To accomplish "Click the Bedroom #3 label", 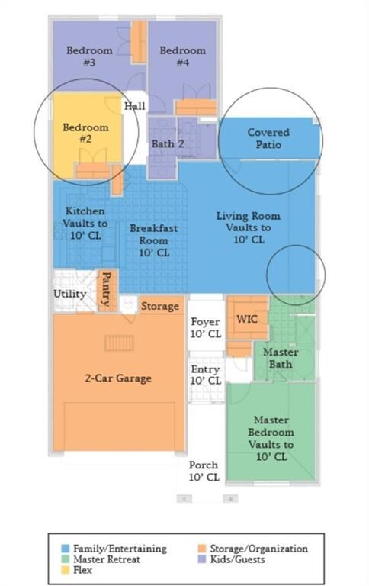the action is (89, 56).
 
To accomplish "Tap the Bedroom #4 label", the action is (183, 56).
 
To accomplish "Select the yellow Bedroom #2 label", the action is (85, 133).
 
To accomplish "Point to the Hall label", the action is (134, 106).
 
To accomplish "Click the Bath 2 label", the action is (168, 144).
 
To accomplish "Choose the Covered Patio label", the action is (268, 138).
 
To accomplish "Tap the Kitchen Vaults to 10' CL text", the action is (85, 224).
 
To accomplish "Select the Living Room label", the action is (249, 216).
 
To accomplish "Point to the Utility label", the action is (70, 294).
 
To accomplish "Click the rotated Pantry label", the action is (107, 289).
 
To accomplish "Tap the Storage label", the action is (160, 307).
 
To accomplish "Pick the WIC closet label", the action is (247, 319).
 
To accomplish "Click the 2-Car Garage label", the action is (118, 378).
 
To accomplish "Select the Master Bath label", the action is (281, 358).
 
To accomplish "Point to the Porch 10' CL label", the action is (204, 471).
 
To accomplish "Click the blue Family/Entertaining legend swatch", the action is (66, 549).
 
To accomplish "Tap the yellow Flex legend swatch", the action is (66, 570).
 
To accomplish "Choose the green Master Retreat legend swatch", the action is (66, 559).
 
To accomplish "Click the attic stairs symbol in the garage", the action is (119, 343).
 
